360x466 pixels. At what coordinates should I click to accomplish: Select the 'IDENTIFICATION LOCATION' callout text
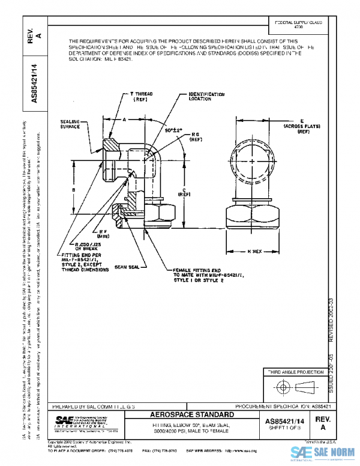click(207, 97)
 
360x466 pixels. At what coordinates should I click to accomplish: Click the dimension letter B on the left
click(73, 190)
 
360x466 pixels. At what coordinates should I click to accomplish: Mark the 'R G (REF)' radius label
click(196, 137)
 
